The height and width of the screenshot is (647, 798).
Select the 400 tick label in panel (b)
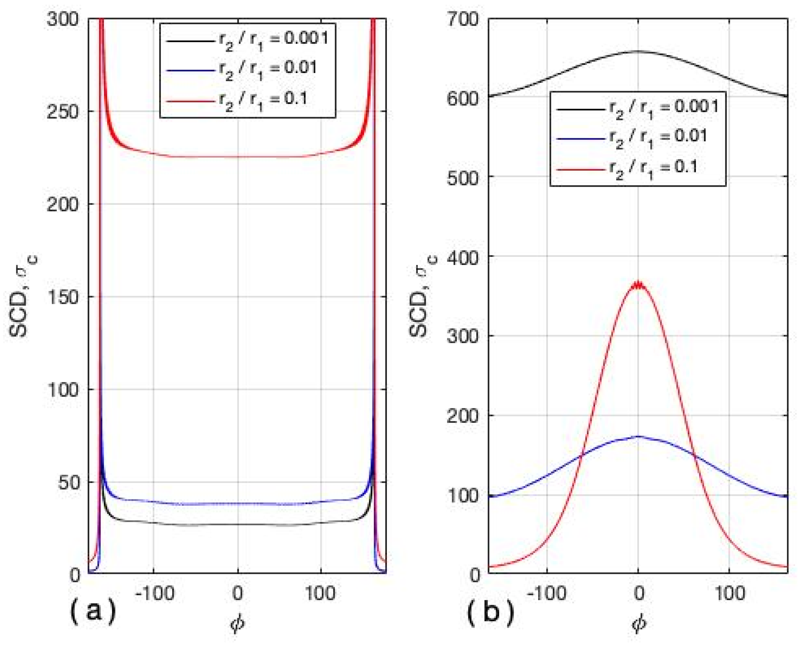tap(462, 257)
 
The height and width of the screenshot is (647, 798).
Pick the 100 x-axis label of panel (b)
tap(729, 593)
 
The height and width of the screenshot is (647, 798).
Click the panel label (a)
tap(93, 611)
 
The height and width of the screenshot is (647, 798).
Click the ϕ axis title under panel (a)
tap(237, 624)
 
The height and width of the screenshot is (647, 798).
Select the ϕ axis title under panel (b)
tap(639, 624)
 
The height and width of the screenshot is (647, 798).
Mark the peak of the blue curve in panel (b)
tap(638, 436)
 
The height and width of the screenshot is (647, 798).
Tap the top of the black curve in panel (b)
tap(638, 51)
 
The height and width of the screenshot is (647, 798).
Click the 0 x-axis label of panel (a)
tap(237, 593)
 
